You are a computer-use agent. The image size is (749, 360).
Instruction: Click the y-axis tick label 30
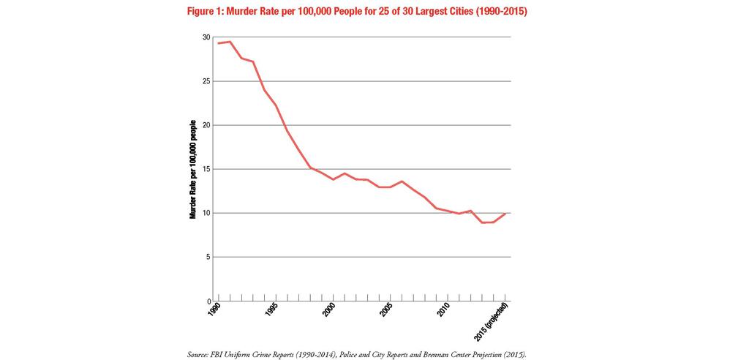tap(206, 37)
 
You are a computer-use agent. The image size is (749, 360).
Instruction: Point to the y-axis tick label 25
tap(206, 81)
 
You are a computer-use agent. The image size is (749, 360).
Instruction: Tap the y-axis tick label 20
tap(206, 125)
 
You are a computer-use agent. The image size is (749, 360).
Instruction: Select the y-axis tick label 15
tap(206, 169)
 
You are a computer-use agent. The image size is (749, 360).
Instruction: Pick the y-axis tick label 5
tap(208, 257)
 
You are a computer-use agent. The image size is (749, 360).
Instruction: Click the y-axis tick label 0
tap(208, 301)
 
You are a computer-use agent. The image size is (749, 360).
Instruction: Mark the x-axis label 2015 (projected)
tap(494, 319)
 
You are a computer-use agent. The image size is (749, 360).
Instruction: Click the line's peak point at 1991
tap(230, 42)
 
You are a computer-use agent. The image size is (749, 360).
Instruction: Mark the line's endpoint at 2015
tap(505, 213)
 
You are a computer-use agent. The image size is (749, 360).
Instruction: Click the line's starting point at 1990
tap(218, 43)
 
